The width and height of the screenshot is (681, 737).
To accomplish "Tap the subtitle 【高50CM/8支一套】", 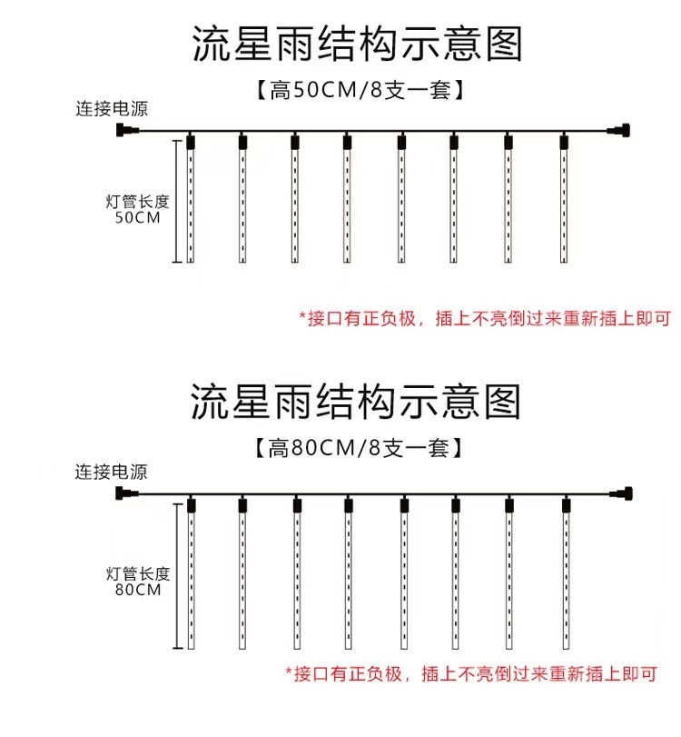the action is [360, 90].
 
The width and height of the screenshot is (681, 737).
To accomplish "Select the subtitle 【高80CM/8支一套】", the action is [358, 447].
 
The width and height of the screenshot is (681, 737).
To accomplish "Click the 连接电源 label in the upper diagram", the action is [112, 109].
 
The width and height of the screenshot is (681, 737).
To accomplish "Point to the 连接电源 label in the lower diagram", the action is [112, 472].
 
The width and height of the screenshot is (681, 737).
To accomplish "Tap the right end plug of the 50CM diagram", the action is [618, 130].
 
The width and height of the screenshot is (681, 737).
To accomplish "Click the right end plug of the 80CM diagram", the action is [621, 493].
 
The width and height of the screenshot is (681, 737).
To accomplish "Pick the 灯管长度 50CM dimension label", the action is [137, 210].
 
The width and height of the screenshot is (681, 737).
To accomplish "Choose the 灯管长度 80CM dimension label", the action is [138, 582].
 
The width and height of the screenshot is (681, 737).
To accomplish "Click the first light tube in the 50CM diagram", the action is [190, 199].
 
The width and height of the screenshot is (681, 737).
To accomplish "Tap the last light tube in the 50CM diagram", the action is [564, 199].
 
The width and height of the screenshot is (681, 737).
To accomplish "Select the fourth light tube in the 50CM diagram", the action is [347, 199].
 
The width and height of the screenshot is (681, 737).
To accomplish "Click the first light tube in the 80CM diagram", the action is [192, 574].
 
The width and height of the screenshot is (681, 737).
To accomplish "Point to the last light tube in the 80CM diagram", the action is [567, 574].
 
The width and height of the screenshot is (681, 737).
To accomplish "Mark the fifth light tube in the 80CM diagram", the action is [404, 574].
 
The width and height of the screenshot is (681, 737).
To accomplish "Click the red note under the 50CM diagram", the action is [485, 319].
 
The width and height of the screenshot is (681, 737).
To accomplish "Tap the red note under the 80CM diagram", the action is [471, 674].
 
